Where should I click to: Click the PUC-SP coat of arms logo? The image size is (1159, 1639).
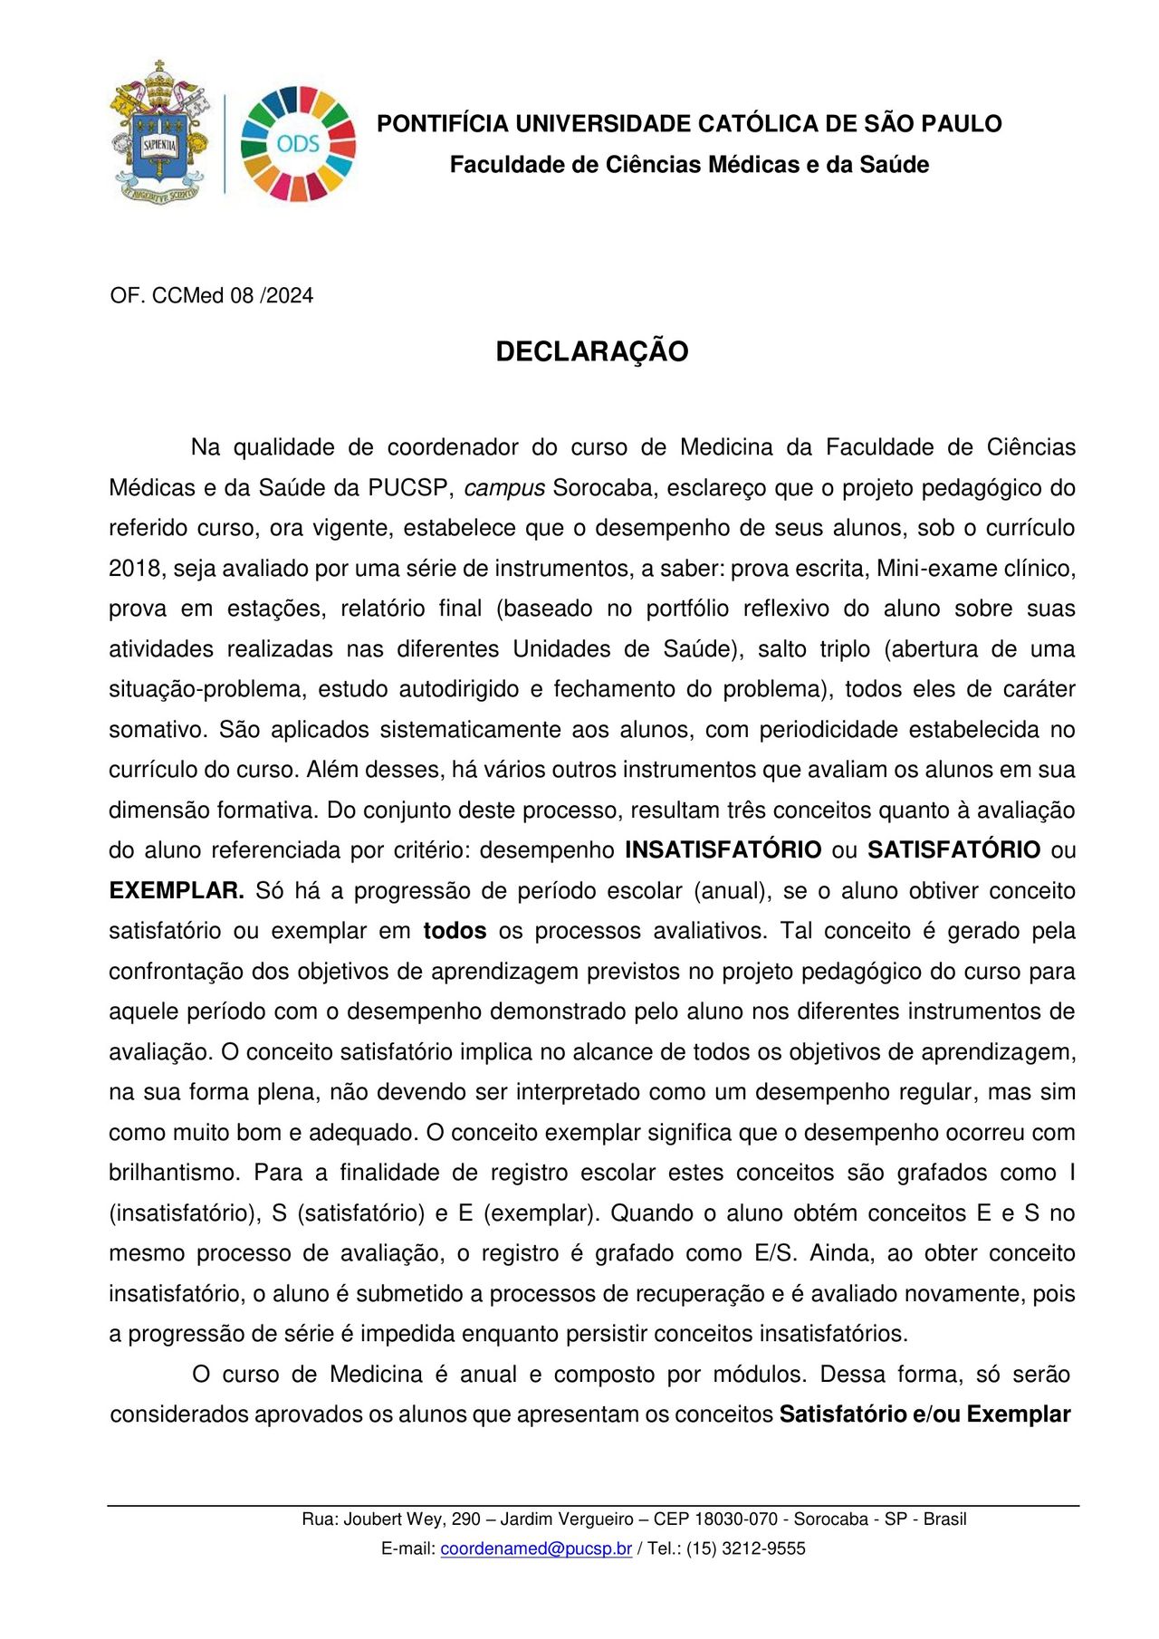point(159,132)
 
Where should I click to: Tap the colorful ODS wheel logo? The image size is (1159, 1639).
point(298,144)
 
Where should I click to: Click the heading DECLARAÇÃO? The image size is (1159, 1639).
point(591,351)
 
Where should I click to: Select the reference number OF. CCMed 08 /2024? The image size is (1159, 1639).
point(211,295)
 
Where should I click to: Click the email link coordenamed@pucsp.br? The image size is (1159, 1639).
point(536,1548)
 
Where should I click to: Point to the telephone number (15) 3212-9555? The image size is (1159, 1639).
point(745,1548)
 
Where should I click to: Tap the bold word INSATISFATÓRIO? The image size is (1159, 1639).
point(723,850)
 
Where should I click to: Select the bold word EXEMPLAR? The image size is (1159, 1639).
point(177,891)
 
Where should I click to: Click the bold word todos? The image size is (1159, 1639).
point(455,931)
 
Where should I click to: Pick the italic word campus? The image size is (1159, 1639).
point(503,488)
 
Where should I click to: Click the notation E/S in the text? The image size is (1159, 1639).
point(774,1253)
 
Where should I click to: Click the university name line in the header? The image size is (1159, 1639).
point(689,124)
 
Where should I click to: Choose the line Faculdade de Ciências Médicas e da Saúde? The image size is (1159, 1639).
point(689,165)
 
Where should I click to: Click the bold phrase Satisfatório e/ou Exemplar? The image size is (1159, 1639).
point(924,1414)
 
